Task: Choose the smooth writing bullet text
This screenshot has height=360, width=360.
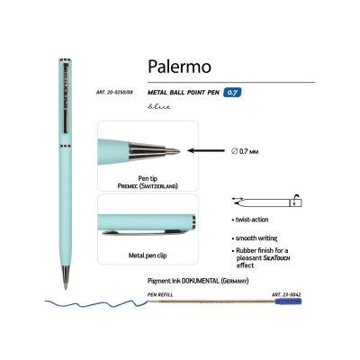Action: [x=263, y=234]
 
